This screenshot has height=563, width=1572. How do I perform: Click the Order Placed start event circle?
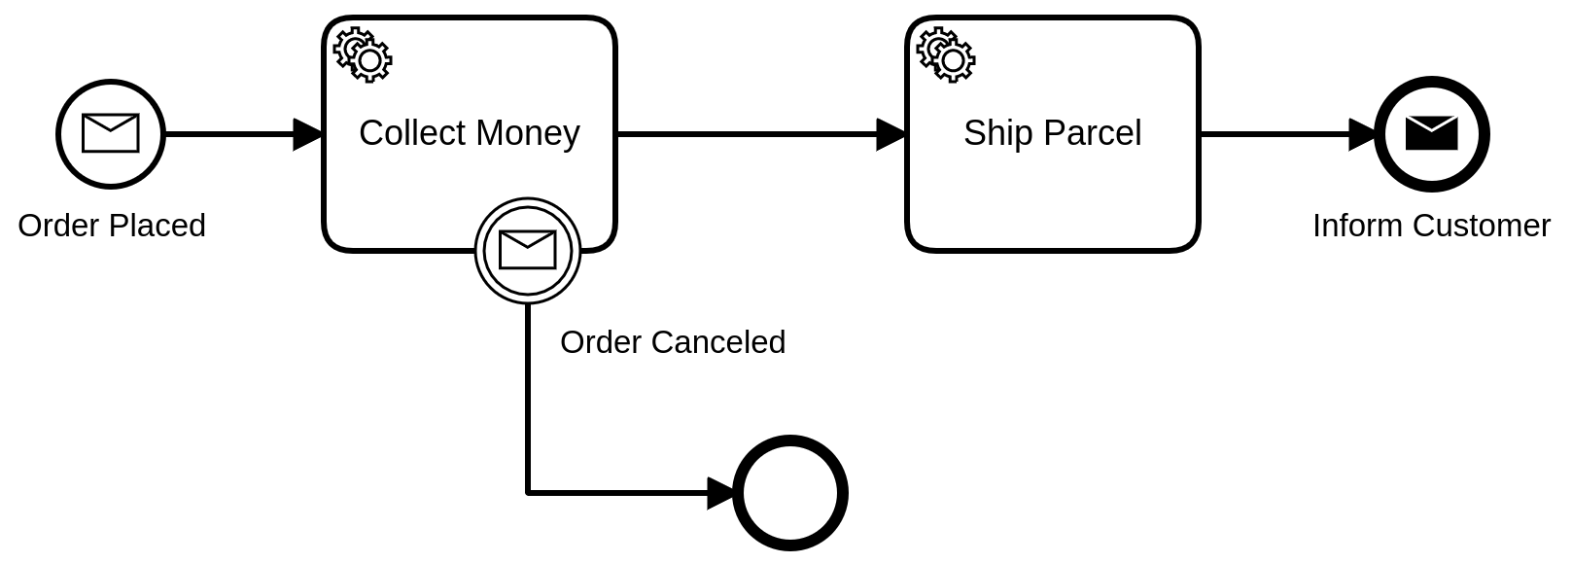111,134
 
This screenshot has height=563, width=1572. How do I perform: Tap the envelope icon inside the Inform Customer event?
1431,133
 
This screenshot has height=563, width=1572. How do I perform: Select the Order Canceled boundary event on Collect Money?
528,251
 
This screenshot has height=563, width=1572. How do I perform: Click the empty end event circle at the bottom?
789,493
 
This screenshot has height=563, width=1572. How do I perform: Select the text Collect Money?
469,133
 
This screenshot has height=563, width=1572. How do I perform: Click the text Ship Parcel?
1052,133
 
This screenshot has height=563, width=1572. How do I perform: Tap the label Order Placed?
112,226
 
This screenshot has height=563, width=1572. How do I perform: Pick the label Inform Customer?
1431,226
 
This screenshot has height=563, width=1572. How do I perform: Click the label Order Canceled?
673,342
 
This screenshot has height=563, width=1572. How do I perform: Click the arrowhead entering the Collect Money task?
308,134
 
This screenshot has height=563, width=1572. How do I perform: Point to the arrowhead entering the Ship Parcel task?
891,134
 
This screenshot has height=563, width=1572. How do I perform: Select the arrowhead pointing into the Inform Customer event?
1363,134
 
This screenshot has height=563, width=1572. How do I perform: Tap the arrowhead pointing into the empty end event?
721,493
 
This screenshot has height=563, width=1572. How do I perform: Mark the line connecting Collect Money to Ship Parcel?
749,134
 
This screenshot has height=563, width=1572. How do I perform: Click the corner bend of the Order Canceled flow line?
528,493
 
